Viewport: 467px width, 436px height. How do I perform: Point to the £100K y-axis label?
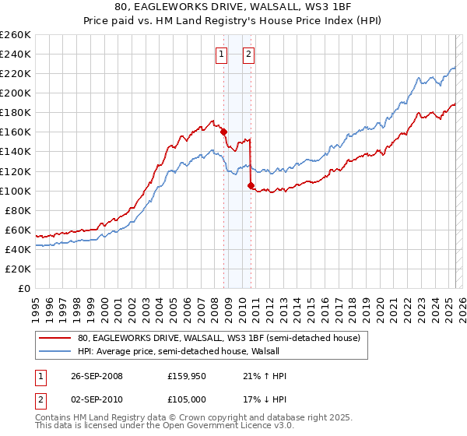click(x=15, y=191)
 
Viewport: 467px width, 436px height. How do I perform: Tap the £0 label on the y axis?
click(x=23, y=288)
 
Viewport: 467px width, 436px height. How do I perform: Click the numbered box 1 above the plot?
click(x=222, y=54)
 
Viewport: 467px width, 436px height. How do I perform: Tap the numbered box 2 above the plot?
click(x=248, y=54)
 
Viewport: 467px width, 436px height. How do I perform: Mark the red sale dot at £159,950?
click(x=223, y=132)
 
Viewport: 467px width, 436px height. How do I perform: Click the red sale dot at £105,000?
click(x=251, y=185)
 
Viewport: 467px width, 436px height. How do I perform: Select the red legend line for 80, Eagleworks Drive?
click(x=57, y=339)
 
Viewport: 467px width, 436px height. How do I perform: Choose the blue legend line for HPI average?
click(x=57, y=351)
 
